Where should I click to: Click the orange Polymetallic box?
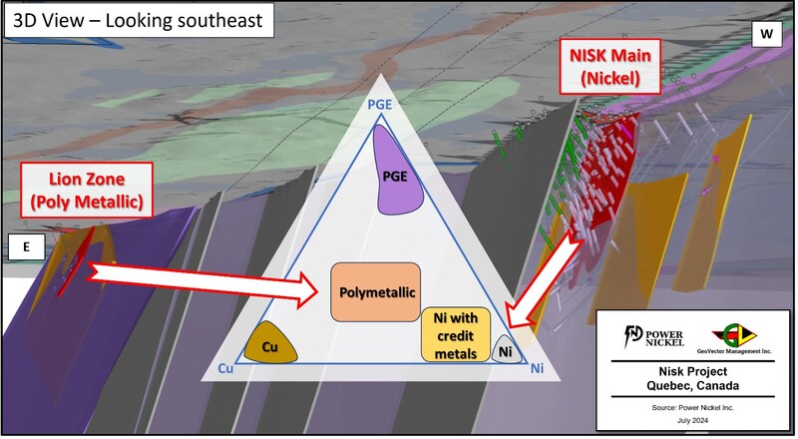(376, 291)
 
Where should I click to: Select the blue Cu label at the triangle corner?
(225, 369)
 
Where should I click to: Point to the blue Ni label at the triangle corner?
(536, 369)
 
